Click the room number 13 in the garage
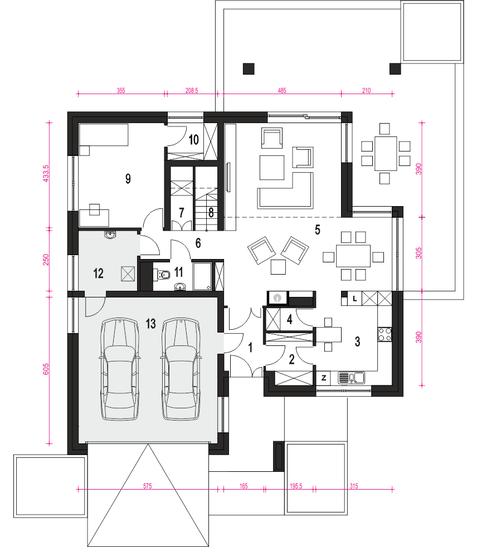(151, 324)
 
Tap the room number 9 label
(128, 179)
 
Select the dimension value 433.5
(46, 174)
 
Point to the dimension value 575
(147, 486)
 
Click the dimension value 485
(281, 91)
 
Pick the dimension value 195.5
(296, 486)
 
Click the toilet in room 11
(163, 275)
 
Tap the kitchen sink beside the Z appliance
(352, 378)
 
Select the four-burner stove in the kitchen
(384, 334)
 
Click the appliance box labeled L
(354, 299)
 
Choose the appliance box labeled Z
(323, 378)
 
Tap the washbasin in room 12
(111, 235)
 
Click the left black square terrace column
(249, 69)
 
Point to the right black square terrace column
(395, 69)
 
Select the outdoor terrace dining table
(386, 154)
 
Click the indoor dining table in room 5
(353, 256)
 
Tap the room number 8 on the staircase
(211, 212)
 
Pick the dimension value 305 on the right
(418, 253)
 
